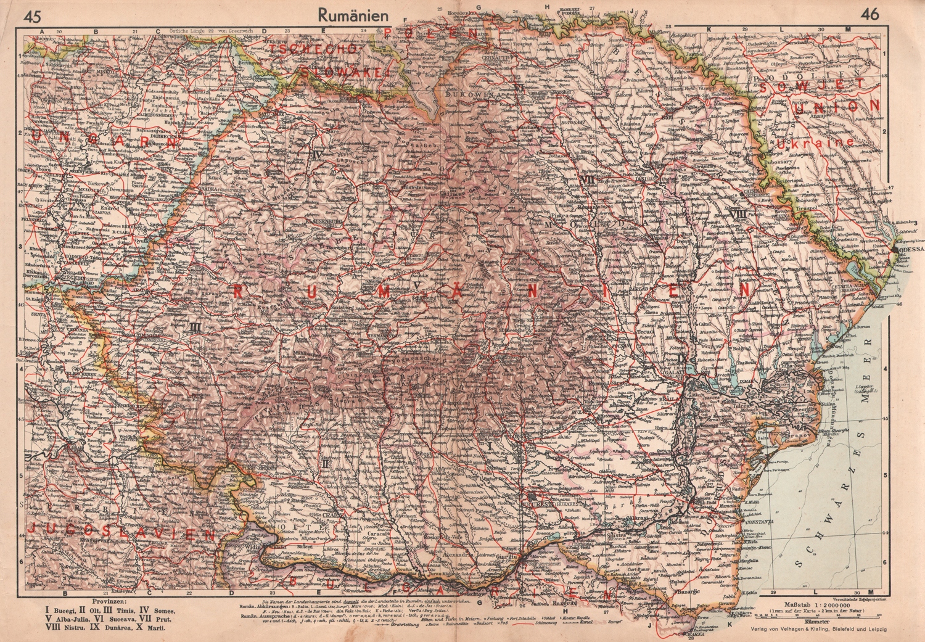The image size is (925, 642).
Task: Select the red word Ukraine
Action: coord(815,142)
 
